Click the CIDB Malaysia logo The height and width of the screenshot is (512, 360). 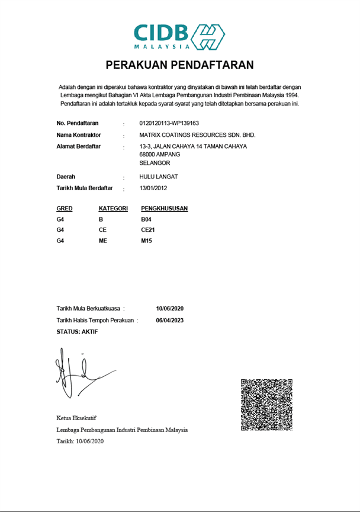click(179, 36)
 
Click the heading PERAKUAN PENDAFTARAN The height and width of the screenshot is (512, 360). click(179, 65)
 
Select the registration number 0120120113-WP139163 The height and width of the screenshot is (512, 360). click(169, 123)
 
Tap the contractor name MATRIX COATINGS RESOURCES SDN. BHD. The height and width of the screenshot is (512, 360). click(197, 135)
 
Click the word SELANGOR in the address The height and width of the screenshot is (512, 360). click(155, 162)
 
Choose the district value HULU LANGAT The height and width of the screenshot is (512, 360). click(158, 177)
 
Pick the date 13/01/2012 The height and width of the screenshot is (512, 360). click(153, 188)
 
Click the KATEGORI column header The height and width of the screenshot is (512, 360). click(113, 209)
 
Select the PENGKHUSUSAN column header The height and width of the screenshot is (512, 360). click(165, 209)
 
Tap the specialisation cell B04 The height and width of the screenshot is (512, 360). click(146, 219)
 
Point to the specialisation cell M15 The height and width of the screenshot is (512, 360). click(146, 241)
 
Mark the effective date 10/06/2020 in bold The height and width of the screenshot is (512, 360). click(170, 309)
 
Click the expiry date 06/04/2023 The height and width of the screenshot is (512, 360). click(170, 320)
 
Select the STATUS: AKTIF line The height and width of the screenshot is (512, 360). click(77, 331)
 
